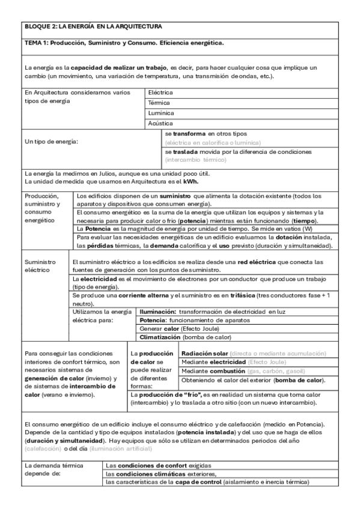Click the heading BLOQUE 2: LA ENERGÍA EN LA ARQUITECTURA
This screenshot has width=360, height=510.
[93, 27]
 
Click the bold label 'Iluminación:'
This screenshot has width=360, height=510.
[157, 313]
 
